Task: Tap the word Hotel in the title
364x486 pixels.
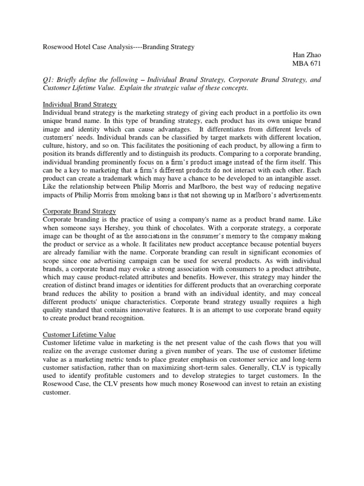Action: [83, 47]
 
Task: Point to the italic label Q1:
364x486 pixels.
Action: [48, 80]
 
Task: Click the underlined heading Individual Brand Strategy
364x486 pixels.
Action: [80, 104]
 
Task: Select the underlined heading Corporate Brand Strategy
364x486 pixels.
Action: [79, 211]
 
